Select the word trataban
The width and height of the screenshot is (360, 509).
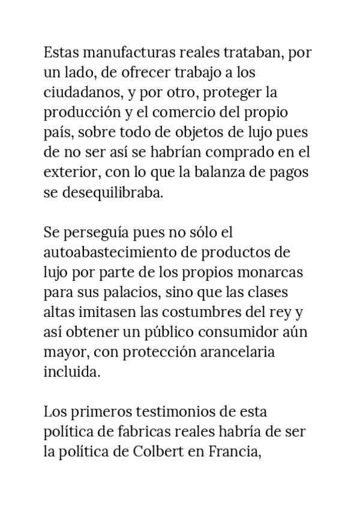253,53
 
